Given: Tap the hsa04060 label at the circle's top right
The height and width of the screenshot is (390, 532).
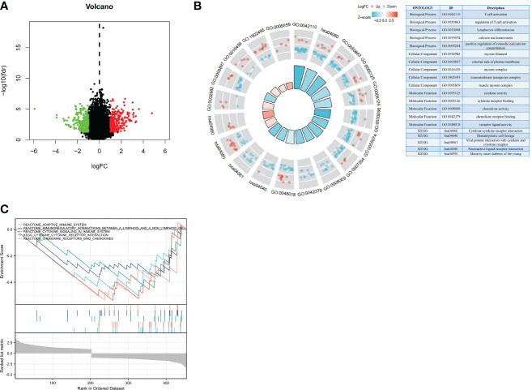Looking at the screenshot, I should pyautogui.click(x=331, y=33).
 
